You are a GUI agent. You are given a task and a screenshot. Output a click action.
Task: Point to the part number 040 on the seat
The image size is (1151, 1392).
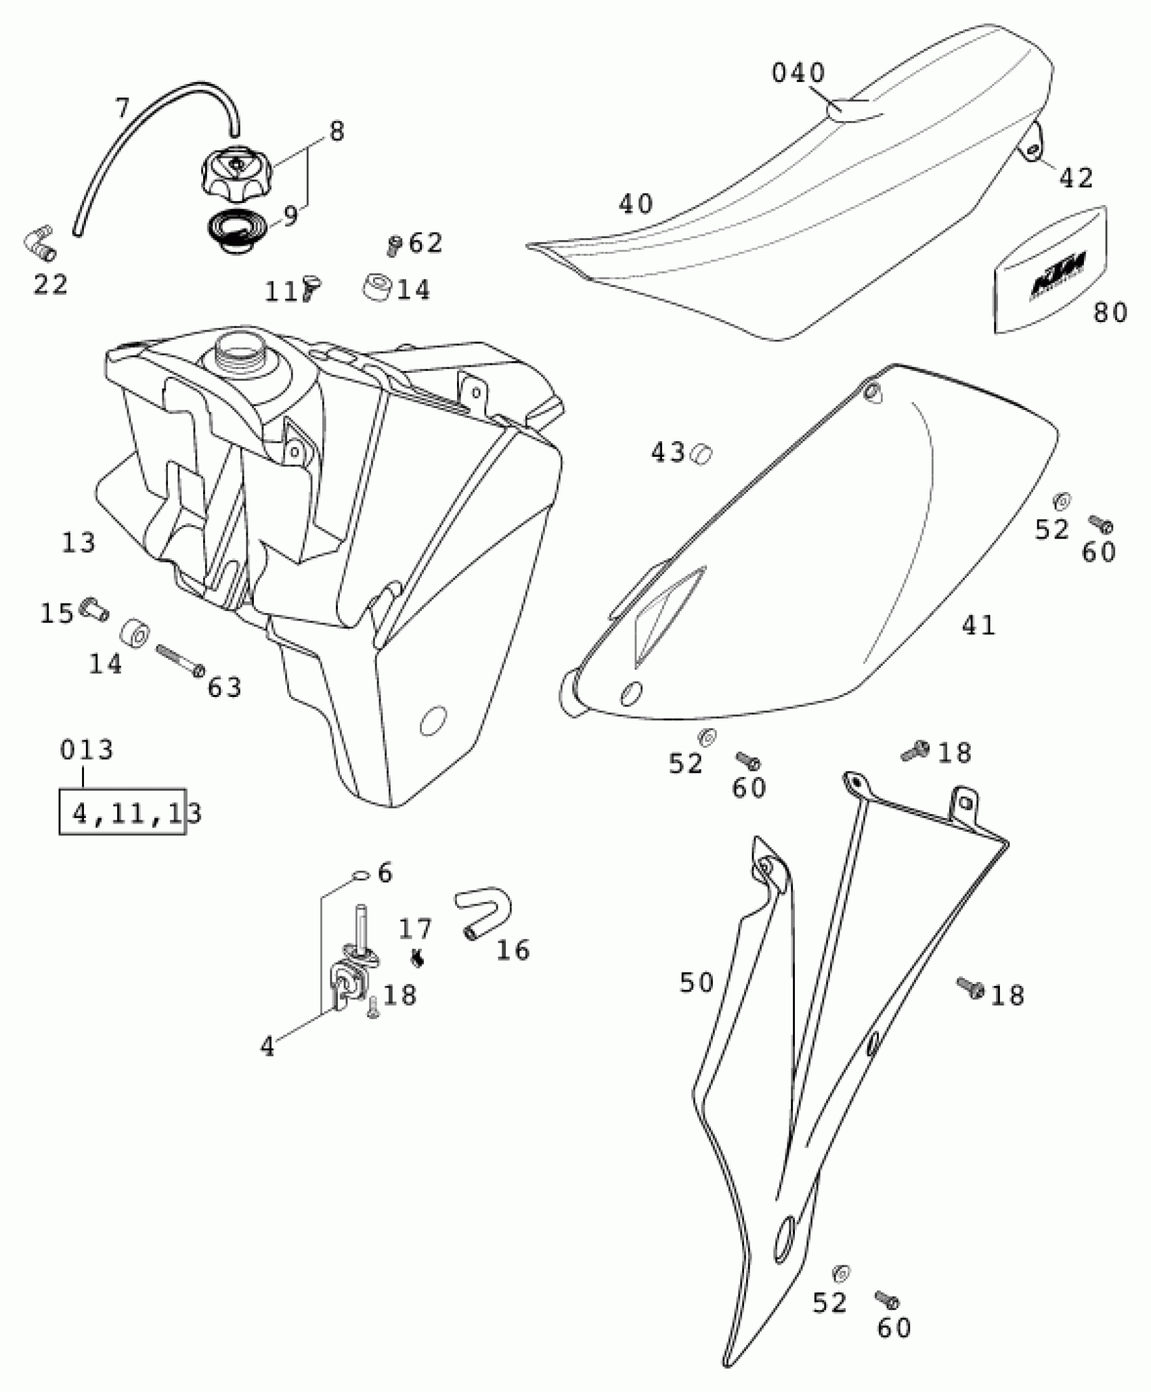tap(798, 73)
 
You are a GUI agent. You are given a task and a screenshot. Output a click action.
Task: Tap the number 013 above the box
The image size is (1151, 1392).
tap(87, 750)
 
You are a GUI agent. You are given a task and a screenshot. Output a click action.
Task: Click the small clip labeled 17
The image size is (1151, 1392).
tap(418, 958)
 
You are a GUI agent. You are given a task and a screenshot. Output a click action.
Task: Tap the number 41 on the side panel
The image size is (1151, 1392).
tap(978, 625)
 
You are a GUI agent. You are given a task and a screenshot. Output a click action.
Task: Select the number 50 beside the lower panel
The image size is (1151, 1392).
tap(697, 983)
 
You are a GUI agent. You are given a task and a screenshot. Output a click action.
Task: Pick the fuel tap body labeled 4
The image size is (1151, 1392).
tap(349, 979)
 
